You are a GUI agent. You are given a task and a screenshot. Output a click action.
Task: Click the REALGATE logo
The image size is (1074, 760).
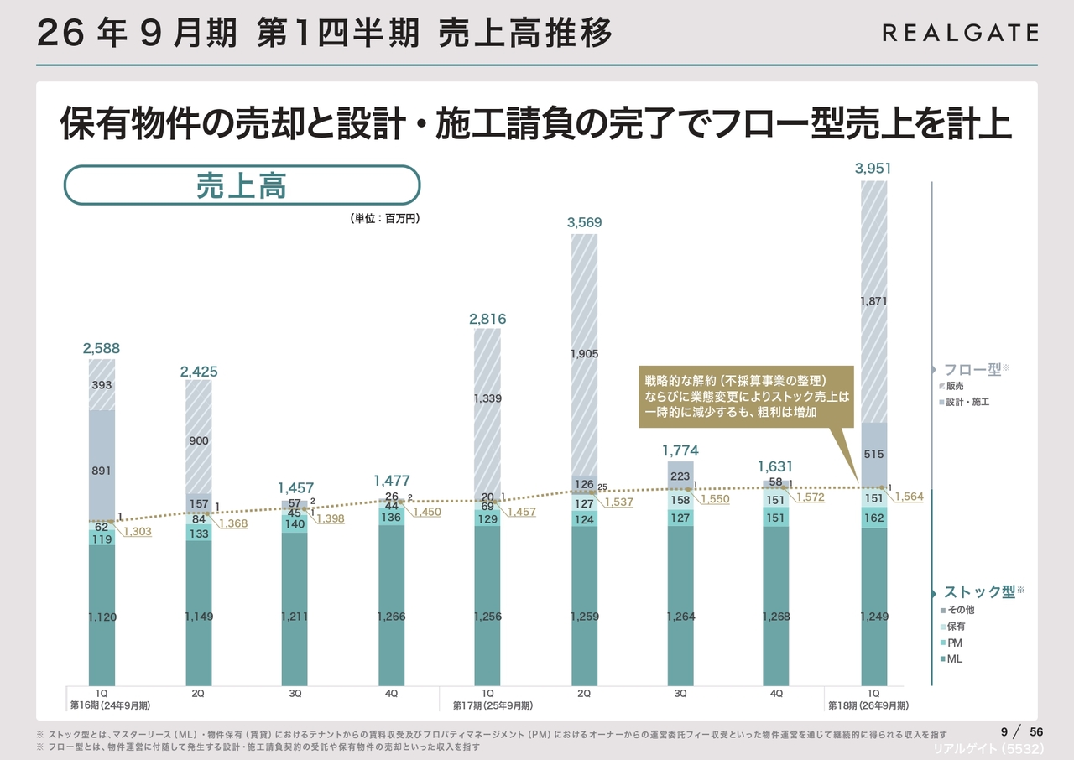coord(960,33)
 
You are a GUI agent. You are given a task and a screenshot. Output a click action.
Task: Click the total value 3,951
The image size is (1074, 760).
coord(873,169)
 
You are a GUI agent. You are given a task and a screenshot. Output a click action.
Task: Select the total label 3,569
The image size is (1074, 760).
coord(584,222)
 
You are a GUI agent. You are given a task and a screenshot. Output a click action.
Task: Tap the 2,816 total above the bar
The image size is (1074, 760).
coord(487,319)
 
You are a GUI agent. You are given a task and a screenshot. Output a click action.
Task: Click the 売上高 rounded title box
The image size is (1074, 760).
coord(242,185)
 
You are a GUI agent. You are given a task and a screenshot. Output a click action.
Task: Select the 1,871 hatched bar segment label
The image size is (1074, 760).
coord(873,301)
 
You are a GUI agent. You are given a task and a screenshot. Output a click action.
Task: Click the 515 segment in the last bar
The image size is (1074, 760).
coord(873,455)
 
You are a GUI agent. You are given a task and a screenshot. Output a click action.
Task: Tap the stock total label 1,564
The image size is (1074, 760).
coord(910,497)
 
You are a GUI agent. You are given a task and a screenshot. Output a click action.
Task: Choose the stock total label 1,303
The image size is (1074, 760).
coord(138,531)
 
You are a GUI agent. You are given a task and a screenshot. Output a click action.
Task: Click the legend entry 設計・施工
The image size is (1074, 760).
coord(966,403)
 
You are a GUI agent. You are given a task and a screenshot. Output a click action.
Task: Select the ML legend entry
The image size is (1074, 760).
coord(955,659)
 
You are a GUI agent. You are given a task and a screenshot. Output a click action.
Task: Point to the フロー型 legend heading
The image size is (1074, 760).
coord(972,369)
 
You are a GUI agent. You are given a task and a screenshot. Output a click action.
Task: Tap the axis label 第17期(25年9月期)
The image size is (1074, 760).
coord(493,705)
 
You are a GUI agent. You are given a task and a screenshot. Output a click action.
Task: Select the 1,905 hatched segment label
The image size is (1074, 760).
coord(584,354)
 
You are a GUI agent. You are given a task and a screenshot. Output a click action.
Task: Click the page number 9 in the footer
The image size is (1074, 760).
coord(1004,731)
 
